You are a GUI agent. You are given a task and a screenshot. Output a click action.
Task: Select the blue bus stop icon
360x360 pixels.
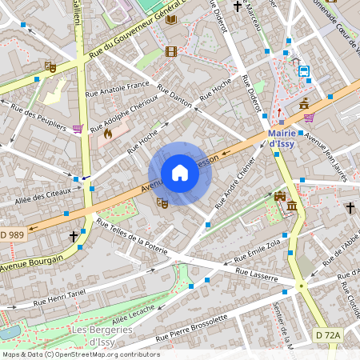304,70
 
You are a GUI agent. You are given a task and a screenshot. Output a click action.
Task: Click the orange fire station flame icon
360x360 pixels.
107,134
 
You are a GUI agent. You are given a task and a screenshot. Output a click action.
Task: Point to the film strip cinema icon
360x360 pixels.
170,52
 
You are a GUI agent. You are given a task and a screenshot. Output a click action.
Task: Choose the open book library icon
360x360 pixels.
171,18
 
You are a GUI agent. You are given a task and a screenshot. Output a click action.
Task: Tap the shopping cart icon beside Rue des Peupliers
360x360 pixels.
78,128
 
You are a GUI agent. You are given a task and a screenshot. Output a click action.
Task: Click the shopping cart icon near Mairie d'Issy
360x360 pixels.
309,118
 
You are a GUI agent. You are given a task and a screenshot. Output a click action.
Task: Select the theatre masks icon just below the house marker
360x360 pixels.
162,203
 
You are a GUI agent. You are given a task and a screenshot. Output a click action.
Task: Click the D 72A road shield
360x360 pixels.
328,334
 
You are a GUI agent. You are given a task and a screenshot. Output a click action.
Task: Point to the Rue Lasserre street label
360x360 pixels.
256,275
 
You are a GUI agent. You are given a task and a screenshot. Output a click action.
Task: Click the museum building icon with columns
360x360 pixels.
292,208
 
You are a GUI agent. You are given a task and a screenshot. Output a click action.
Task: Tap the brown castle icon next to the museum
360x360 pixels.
279,197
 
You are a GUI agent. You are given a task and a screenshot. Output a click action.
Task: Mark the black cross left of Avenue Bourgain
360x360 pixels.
74,237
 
